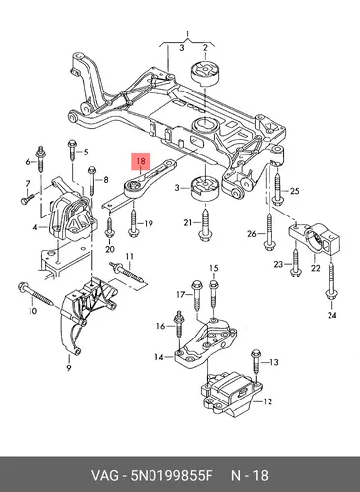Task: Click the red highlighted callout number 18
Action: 141,161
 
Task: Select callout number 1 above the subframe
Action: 187,33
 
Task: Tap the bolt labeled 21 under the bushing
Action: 205,226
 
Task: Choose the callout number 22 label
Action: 315,268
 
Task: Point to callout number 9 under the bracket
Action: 69,368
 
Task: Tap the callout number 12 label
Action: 268,401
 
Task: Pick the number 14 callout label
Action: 159,357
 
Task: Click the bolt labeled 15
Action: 213,294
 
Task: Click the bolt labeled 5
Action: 72,151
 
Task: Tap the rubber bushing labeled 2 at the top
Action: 206,73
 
